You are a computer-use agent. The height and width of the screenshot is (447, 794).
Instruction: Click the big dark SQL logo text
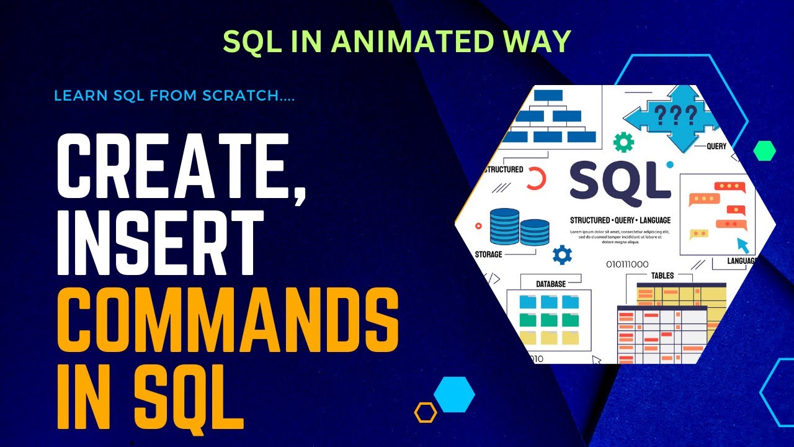620,184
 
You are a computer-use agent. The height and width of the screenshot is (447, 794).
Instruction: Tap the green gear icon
623,142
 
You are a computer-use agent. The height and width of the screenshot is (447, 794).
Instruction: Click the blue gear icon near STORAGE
562,255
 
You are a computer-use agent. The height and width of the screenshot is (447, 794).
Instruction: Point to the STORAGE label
488,255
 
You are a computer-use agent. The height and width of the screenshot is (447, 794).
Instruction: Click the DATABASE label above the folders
551,284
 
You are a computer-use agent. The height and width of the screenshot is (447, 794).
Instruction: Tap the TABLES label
662,276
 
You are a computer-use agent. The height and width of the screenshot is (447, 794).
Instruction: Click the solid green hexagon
764,151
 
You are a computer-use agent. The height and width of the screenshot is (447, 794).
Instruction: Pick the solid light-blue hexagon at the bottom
454,394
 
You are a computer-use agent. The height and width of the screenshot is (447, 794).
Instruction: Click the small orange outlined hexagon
426,412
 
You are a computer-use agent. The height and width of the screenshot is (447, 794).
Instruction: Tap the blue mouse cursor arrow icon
743,244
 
